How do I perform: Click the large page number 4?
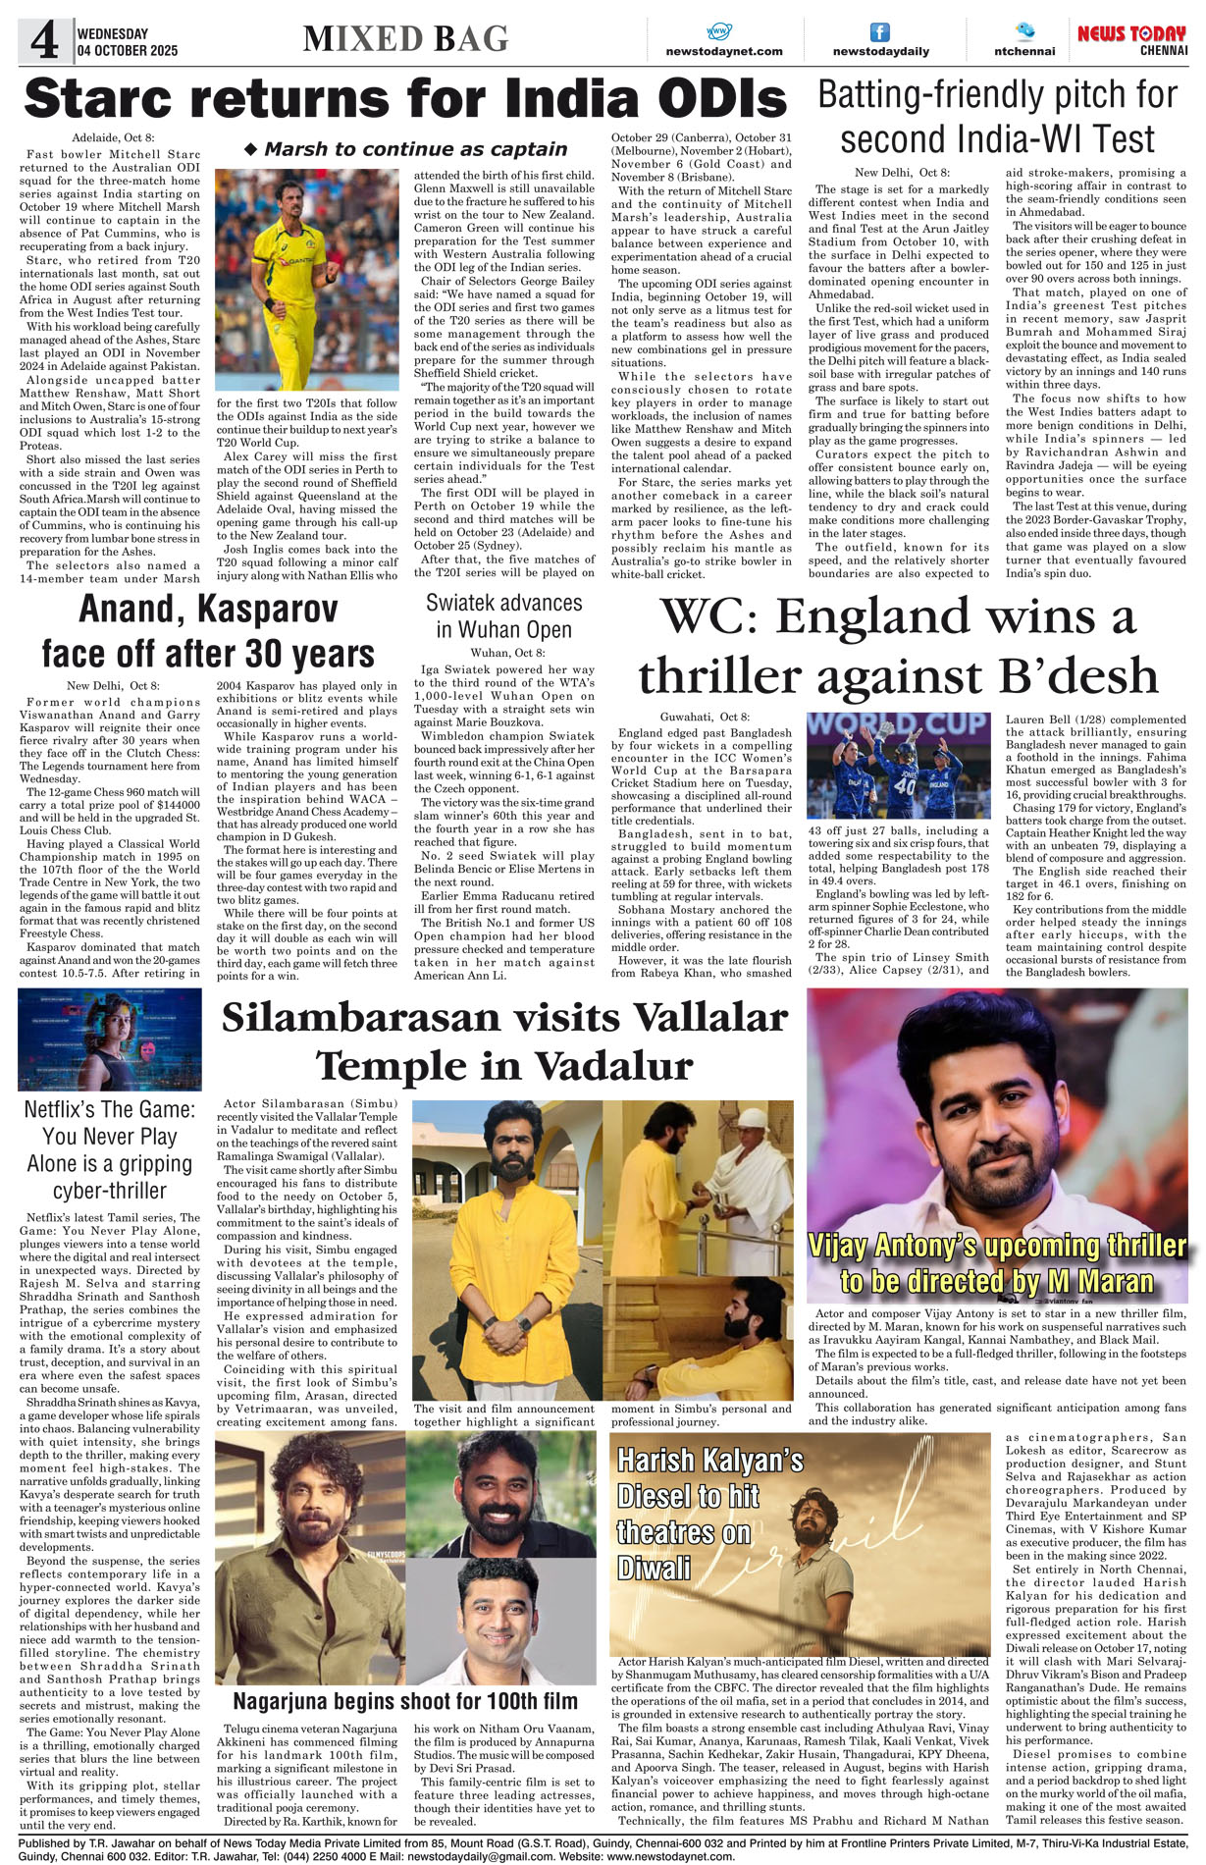click(45, 40)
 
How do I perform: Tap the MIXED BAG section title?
click(406, 39)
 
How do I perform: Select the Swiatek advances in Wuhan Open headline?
click(503, 615)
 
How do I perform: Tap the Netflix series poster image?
click(110, 1039)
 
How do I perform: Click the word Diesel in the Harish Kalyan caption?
click(653, 1497)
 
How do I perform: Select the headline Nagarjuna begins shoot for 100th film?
click(404, 1701)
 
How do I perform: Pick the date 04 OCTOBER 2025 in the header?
click(128, 51)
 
